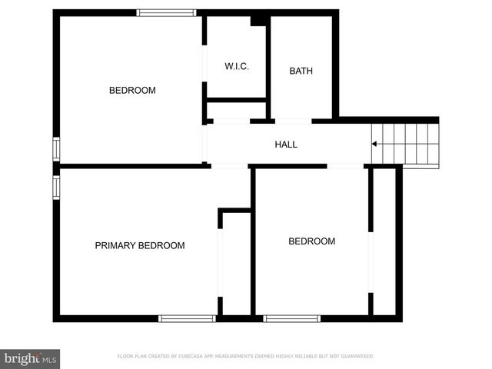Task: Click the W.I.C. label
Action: [x=236, y=67]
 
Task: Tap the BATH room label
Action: [x=301, y=71]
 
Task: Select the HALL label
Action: [x=286, y=145]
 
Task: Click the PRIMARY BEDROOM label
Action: [x=140, y=246]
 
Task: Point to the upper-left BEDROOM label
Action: [x=132, y=91]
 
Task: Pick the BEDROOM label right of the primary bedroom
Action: [x=311, y=241]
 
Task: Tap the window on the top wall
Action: [x=166, y=12]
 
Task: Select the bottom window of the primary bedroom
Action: [x=187, y=318]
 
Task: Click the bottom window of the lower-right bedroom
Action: [x=291, y=318]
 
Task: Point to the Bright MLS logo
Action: [x=30, y=358]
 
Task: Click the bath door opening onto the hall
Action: [x=293, y=121]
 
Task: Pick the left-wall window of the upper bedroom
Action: [x=55, y=148]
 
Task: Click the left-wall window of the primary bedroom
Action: [x=55, y=187]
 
